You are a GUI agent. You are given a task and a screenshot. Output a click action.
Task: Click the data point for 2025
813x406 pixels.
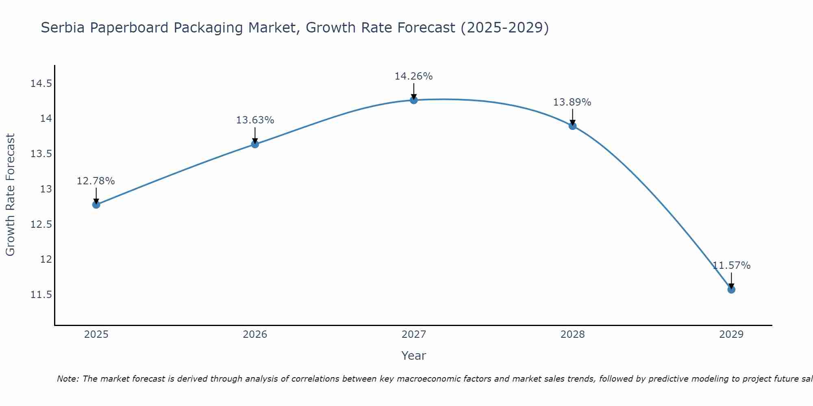96,205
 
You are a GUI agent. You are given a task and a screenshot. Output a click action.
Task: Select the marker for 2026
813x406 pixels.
255,144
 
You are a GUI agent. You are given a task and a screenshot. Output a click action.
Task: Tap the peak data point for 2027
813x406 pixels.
414,100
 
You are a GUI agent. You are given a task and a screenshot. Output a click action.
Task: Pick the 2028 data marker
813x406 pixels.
572,126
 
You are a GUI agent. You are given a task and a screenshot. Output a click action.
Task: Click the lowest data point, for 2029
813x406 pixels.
731,289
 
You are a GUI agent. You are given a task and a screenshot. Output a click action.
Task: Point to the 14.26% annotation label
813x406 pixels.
413,76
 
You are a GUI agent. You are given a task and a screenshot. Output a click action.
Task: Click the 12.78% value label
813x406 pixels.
96,181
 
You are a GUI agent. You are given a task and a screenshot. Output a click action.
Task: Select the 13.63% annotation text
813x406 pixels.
255,120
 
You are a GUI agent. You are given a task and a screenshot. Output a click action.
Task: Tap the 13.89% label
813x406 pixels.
572,102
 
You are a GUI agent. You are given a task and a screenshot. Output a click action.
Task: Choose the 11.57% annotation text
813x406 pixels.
731,266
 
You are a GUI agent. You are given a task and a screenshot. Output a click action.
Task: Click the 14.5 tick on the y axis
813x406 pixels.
41,84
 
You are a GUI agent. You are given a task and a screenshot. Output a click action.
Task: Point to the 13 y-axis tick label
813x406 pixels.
46,189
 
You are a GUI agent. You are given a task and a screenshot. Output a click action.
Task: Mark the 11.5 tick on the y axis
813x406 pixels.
41,295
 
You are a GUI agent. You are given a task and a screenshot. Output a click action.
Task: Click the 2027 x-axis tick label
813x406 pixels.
413,335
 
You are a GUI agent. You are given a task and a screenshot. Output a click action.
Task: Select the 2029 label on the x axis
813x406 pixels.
731,335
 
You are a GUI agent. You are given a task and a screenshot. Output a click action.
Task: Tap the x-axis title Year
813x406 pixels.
413,356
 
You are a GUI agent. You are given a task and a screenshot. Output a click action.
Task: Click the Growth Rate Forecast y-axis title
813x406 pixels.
11,195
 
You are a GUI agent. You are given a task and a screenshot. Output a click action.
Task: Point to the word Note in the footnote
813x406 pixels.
67,379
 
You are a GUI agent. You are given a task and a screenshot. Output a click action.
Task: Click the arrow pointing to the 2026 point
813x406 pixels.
255,135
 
